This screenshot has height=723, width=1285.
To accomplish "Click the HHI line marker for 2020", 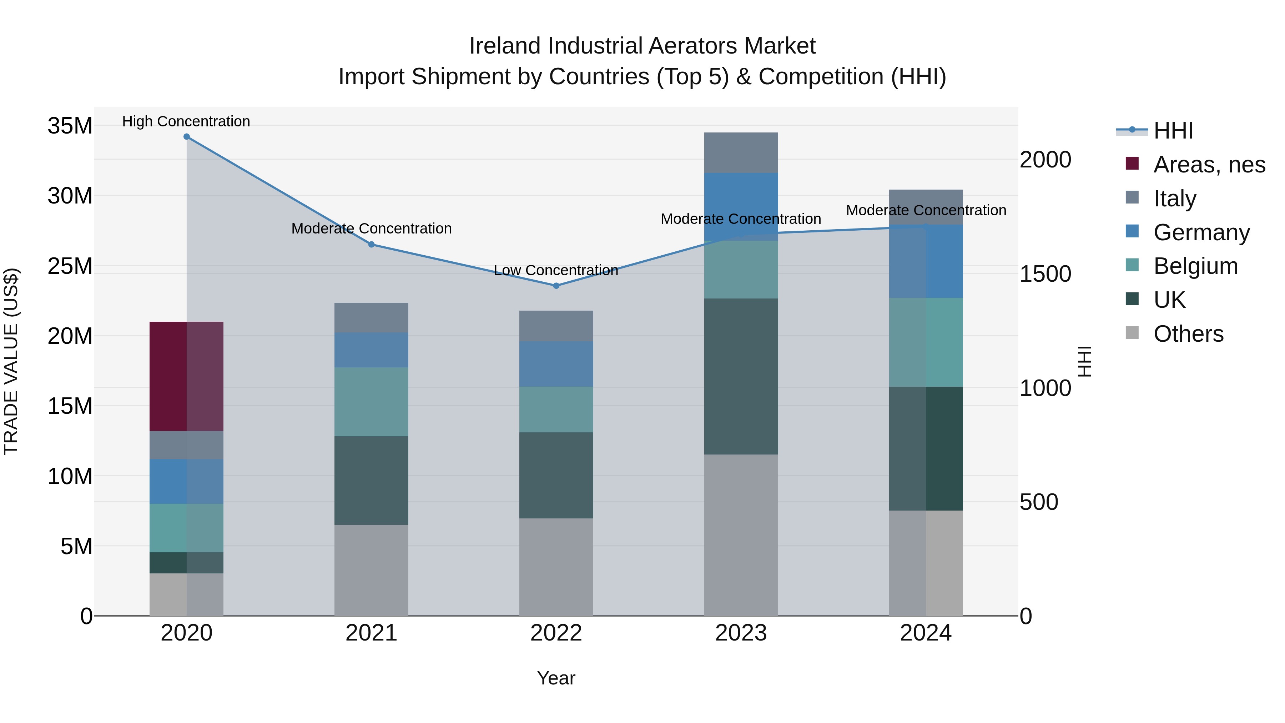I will (x=187, y=137).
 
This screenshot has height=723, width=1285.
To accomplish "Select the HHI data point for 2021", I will (x=371, y=245).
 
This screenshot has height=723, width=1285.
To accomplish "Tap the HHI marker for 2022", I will (x=556, y=286).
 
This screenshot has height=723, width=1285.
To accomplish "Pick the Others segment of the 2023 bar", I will (x=741, y=535).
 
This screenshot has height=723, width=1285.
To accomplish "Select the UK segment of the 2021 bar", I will (x=371, y=481).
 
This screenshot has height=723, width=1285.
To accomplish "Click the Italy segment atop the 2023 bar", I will (x=741, y=153).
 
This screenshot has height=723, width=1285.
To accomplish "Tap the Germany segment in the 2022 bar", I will (x=556, y=364).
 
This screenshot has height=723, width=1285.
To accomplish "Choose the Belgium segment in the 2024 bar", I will (x=926, y=342).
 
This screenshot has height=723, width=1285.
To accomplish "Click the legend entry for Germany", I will (x=1201, y=232).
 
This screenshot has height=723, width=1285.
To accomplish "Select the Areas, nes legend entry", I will (x=1209, y=165).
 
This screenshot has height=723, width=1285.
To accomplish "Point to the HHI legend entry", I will (x=1172, y=131).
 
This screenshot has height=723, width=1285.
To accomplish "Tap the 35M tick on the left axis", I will (x=70, y=126).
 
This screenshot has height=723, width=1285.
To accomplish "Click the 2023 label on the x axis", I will (x=741, y=633).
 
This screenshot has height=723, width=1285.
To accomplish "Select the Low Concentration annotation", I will (x=556, y=270).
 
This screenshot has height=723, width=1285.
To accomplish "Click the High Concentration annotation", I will (x=186, y=121).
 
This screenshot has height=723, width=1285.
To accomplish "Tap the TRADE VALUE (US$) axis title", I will (x=11, y=361).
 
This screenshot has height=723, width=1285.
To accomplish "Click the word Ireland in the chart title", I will (x=505, y=46).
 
